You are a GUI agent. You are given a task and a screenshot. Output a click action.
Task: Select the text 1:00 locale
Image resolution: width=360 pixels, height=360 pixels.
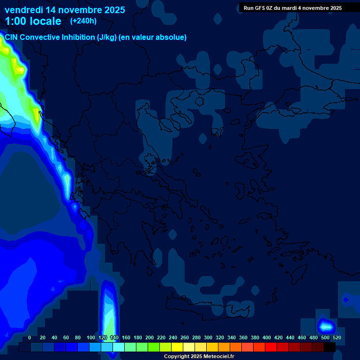[x=33, y=21]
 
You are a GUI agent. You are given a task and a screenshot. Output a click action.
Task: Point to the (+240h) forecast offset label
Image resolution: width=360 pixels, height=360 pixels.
[x=83, y=21]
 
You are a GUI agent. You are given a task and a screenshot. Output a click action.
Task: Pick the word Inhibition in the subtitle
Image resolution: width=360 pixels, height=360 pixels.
[x=78, y=37]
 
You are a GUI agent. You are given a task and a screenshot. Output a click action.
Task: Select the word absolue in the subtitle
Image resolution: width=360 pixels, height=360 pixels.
[x=171, y=37]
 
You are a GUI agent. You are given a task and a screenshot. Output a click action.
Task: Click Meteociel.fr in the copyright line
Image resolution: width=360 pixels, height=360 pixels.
[x=216, y=357]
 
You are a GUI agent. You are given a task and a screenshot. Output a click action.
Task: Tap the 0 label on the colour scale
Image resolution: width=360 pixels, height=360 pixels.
[x=30, y=338]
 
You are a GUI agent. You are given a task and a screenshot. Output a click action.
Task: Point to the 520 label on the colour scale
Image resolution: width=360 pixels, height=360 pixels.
[x=337, y=338]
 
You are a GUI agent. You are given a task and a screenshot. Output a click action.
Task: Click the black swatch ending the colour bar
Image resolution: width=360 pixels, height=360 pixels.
[x=330, y=347]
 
